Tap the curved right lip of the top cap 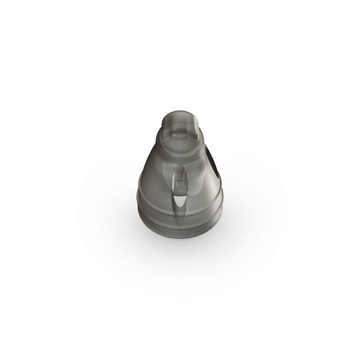coord(198,128)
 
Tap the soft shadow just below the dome coord(180,244)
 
